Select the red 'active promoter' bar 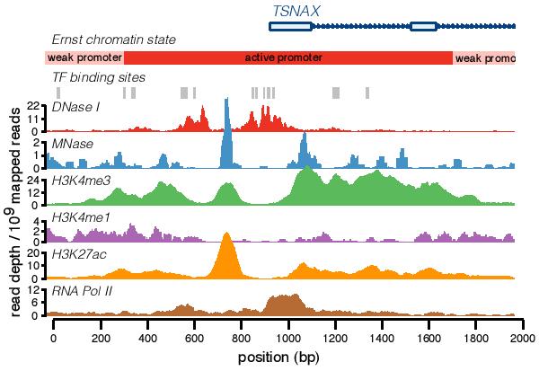coord(287,57)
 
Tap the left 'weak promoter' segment coord(84,57)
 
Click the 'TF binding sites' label coord(99,77)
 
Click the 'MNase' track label coord(72,143)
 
